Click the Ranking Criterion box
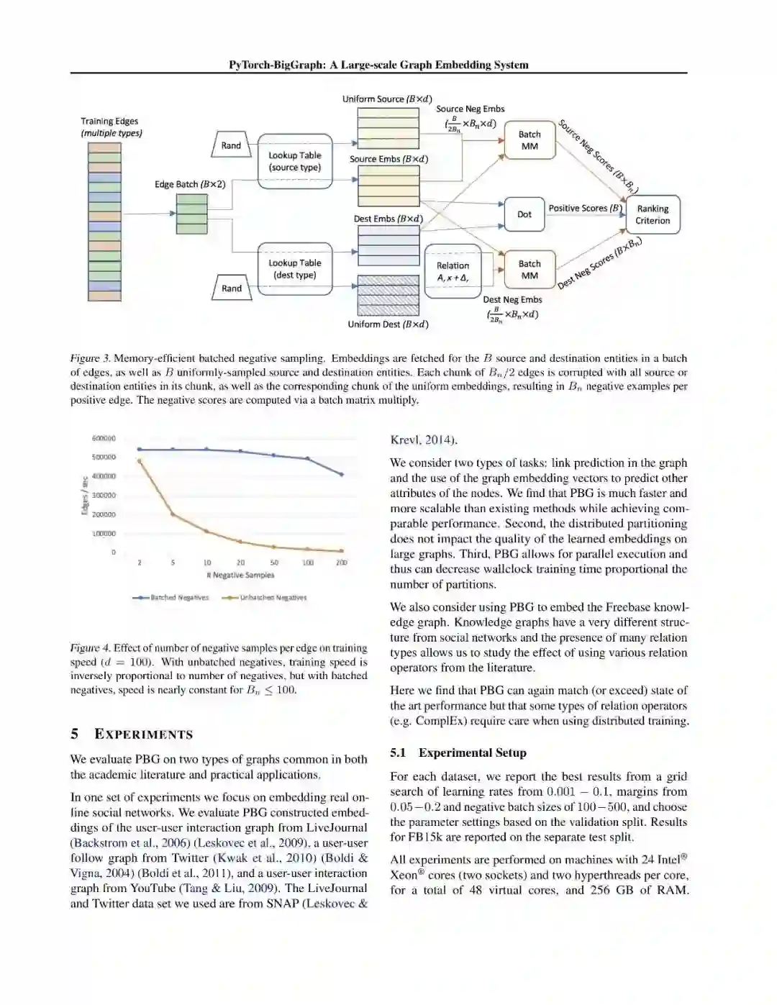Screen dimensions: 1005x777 pyautogui.click(x=653, y=214)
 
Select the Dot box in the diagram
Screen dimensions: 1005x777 pyautogui.click(x=524, y=214)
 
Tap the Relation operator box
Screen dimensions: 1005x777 pyautogui.click(x=453, y=271)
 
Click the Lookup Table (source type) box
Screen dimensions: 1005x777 pyautogui.click(x=295, y=161)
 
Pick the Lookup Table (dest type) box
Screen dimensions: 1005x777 pyautogui.click(x=295, y=269)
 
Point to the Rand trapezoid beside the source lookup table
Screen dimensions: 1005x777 pyautogui.click(x=231, y=145)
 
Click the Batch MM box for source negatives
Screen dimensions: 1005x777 pyautogui.click(x=530, y=140)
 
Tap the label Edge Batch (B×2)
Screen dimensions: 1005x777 pyautogui.click(x=190, y=184)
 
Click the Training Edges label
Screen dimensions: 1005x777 pyautogui.click(x=109, y=122)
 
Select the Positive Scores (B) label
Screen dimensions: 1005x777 pyautogui.click(x=585, y=208)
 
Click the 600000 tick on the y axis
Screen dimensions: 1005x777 pyautogui.click(x=104, y=438)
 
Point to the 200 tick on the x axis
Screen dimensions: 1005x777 pyautogui.click(x=342, y=563)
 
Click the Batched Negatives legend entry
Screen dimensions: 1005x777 pyautogui.click(x=171, y=597)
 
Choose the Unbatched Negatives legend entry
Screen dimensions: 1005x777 pyautogui.click(x=265, y=597)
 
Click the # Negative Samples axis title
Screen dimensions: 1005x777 pyautogui.click(x=240, y=575)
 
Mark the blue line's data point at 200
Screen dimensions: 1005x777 pyautogui.click(x=342, y=474)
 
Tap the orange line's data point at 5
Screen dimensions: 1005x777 pyautogui.click(x=173, y=514)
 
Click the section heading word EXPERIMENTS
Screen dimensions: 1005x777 pyautogui.click(x=144, y=735)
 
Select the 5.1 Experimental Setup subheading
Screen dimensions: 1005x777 pyautogui.click(x=458, y=752)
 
